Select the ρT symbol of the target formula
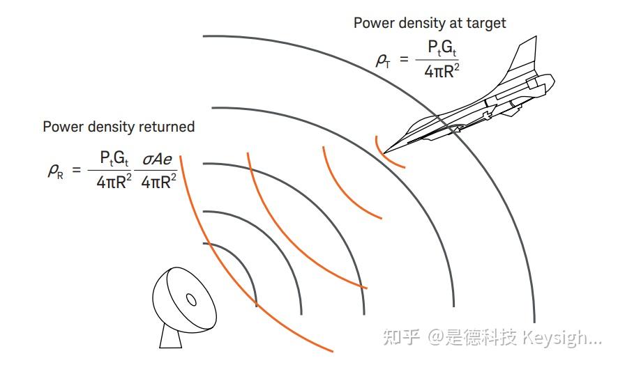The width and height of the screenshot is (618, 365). pyautogui.click(x=383, y=60)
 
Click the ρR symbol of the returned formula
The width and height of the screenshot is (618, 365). pyautogui.click(x=55, y=170)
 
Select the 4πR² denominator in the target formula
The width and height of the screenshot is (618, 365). pyautogui.click(x=443, y=70)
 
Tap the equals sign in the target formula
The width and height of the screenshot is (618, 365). pyautogui.click(x=403, y=59)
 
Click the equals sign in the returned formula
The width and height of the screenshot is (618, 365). pyautogui.click(x=77, y=169)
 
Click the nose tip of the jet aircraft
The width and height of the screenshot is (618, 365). pyautogui.click(x=384, y=151)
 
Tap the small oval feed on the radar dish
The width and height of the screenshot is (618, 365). pyautogui.click(x=190, y=300)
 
